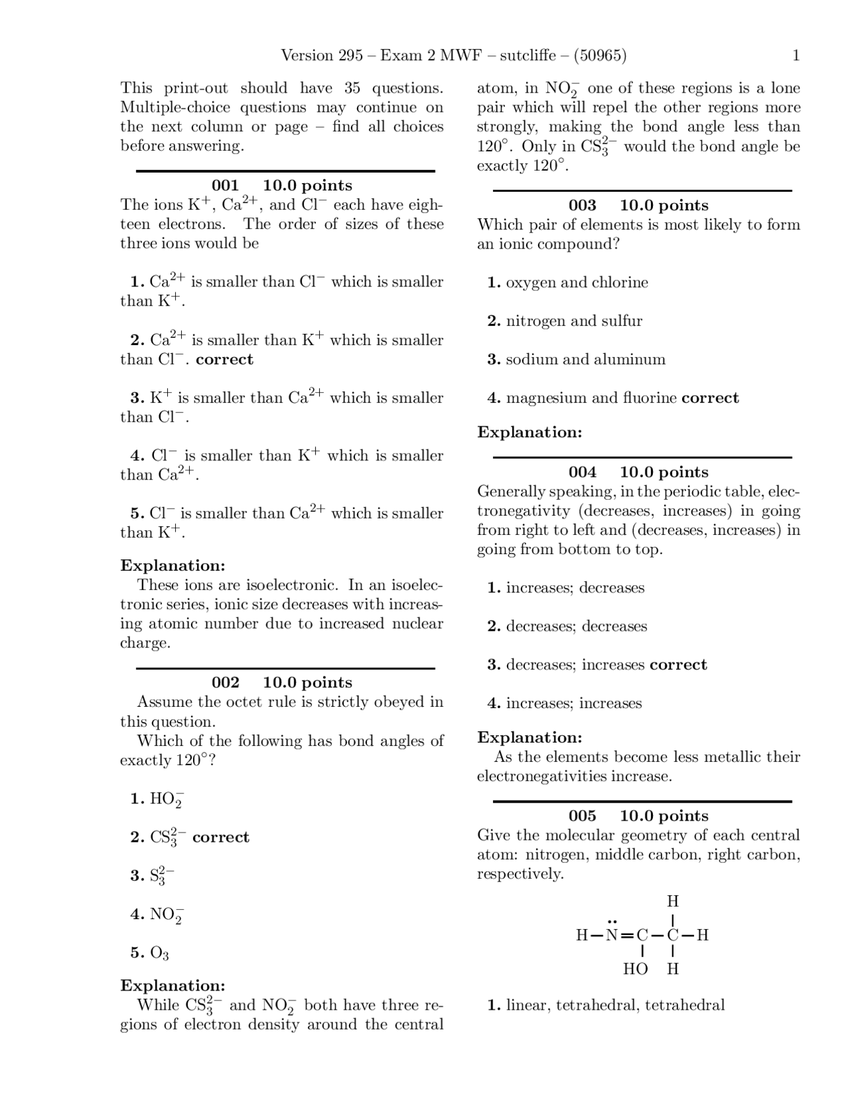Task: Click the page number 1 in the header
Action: coord(796,56)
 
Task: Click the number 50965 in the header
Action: coord(600,56)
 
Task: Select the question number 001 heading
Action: coord(225,186)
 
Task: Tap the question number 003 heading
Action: coord(582,206)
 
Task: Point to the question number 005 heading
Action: coord(582,816)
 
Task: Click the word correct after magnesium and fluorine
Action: coord(710,398)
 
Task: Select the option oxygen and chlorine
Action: coord(576,283)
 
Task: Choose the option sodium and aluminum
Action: coord(585,360)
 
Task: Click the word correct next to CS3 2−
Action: coord(221,838)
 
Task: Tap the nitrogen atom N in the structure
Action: coord(611,936)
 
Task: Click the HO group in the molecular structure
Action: coord(635,969)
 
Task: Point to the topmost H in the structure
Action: coord(673,901)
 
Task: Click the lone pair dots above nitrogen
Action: coord(612,921)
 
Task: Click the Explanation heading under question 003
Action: coord(529,432)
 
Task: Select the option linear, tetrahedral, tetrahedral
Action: coord(615,1006)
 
